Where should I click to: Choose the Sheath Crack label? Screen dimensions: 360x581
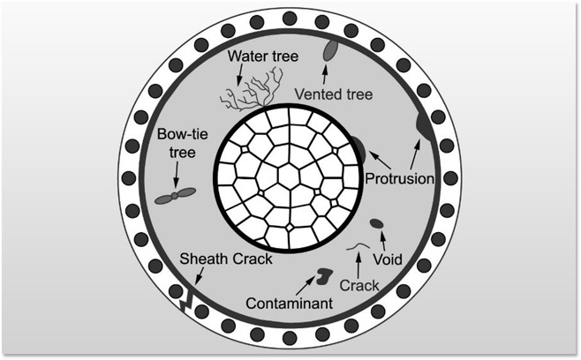coord(226,259)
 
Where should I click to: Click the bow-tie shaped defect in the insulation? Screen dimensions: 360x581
coord(175,197)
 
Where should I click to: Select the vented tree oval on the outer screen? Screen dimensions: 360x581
coord(330,50)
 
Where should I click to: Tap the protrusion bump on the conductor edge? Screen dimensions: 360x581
coord(358,151)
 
